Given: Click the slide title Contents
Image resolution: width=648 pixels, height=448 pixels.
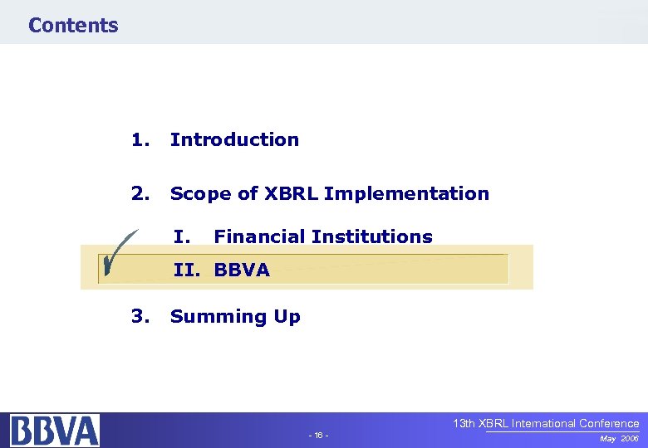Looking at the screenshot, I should (x=73, y=25).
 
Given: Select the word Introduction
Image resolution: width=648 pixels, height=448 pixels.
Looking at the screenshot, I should (x=234, y=139).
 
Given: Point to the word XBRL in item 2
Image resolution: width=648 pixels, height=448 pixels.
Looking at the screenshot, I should (x=292, y=193).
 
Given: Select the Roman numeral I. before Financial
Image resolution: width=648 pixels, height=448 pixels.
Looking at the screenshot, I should (x=183, y=236).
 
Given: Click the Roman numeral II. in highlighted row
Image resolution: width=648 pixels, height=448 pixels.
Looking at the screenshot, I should (x=189, y=270).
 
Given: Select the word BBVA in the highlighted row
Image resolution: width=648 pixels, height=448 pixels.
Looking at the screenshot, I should (x=242, y=270).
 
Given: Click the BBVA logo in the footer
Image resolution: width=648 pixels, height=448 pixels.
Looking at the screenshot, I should (x=54, y=431).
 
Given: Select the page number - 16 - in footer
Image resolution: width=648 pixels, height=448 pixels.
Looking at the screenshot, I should (x=318, y=436).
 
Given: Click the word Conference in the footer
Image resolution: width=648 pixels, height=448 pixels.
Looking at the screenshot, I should (x=606, y=423).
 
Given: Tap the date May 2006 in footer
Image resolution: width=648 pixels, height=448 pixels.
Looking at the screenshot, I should (x=620, y=437).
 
